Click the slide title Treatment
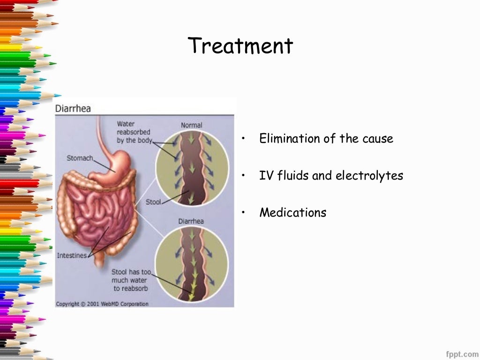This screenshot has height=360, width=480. pos(240,46)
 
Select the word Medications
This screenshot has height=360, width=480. pos(293,212)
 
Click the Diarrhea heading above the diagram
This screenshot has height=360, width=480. pos(73,108)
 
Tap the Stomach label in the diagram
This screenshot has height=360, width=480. pos(80,158)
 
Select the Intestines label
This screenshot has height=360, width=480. pos(72,255)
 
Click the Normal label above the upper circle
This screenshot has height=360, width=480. pos(191,125)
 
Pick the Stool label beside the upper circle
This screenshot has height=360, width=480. pos(153,202)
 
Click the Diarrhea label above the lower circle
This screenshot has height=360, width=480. pos(191,221)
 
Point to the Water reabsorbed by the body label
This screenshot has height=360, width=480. pos(134,132)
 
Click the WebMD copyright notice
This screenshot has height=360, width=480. pos(102,304)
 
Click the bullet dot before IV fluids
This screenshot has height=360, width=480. pos(244,176)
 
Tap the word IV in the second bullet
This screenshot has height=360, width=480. pos(265,176)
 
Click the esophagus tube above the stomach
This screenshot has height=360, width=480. pos(100,136)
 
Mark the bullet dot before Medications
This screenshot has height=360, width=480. pos(244,212)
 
